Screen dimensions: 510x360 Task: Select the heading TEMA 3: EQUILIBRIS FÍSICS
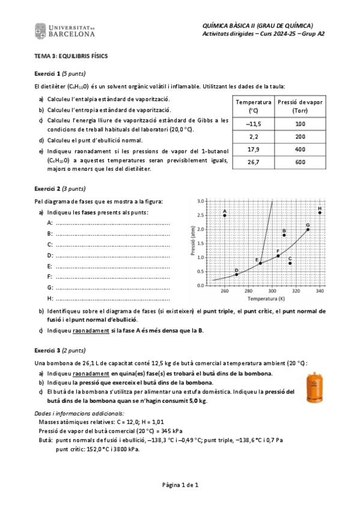click(x=71, y=56)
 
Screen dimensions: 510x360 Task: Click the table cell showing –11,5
click(x=253, y=123)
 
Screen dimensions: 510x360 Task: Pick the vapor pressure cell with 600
click(x=301, y=162)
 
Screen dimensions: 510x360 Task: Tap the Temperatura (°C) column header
click(x=253, y=106)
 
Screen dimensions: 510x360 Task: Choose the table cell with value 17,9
click(x=253, y=149)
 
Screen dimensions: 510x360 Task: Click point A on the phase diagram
click(x=225, y=215)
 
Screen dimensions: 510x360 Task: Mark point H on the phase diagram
click(x=320, y=212)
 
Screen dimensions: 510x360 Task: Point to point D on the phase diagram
click(x=236, y=274)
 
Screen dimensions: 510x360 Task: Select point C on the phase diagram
click(x=290, y=263)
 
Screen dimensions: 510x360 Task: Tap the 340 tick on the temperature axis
click(x=320, y=291)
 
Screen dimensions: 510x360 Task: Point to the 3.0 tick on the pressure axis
click(x=201, y=201)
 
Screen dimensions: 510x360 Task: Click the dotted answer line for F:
click(x=112, y=276)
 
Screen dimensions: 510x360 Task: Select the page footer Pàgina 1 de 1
click(x=180, y=484)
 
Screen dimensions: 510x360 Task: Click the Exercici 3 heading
click(x=59, y=348)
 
